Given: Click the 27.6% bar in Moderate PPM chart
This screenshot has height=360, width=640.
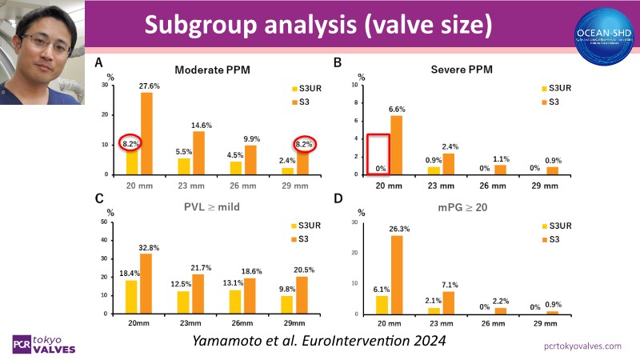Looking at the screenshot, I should tap(146, 134).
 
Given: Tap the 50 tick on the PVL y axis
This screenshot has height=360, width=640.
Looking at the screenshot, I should tap(104, 221).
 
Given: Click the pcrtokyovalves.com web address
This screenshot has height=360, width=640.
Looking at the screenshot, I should tap(582, 346).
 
